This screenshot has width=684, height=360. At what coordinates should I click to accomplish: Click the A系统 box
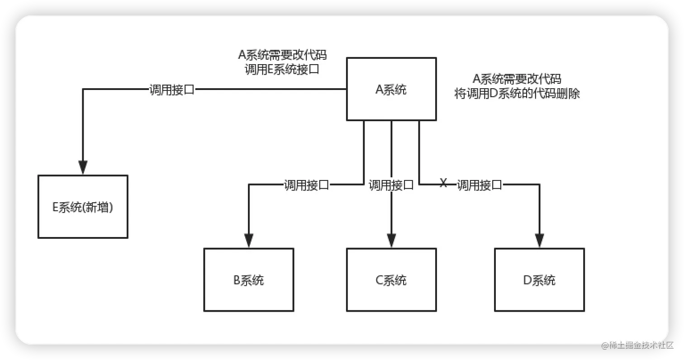tap(391, 89)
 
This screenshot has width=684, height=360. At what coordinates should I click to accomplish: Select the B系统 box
tap(248, 279)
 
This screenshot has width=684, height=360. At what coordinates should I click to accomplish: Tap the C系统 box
tap(391, 279)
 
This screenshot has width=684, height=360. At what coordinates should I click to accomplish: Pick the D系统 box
tap(539, 279)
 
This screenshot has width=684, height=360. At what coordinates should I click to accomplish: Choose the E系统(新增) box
tap(83, 207)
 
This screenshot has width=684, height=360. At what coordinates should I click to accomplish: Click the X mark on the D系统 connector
tap(443, 183)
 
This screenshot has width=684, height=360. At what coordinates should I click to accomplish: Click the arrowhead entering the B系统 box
tap(248, 241)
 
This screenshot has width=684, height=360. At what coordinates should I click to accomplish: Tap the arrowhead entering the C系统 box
tap(391, 241)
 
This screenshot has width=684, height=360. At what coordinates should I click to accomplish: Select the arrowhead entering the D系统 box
tap(539, 241)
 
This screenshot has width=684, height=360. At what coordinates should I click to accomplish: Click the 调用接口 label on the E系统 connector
tap(172, 90)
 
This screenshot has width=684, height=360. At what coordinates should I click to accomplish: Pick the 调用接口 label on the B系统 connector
tap(306, 185)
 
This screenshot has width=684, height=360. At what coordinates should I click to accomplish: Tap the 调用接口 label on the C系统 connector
tap(391, 185)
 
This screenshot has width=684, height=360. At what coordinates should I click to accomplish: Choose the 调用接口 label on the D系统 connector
tap(479, 185)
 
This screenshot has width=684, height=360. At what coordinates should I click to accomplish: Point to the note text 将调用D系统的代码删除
tap(517, 94)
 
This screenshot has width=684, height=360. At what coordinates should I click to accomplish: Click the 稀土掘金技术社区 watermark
tap(637, 345)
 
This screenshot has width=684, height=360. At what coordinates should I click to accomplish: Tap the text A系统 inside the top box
tap(391, 90)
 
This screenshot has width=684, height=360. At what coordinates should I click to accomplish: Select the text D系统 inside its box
tap(539, 280)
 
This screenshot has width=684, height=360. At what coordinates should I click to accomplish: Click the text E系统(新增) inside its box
tap(83, 208)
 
